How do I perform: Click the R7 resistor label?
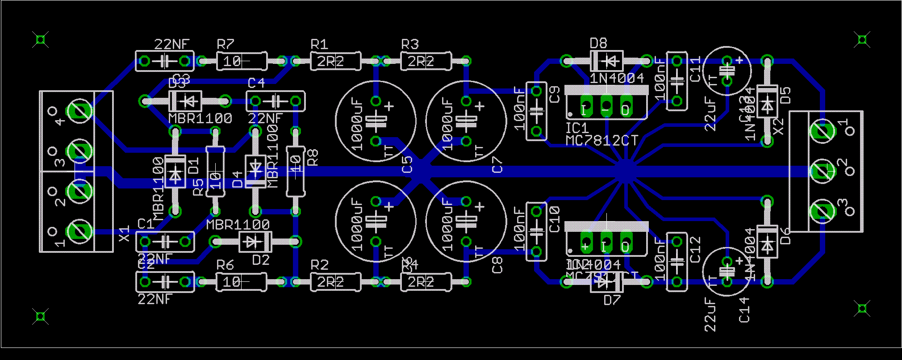(x=225, y=44)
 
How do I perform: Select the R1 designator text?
(x=319, y=44)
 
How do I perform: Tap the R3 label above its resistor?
(x=410, y=44)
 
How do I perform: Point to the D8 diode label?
(x=598, y=43)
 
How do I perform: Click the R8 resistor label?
(x=313, y=158)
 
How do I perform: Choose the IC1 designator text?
(x=576, y=129)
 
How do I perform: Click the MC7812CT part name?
(x=602, y=141)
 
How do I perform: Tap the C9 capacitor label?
(x=554, y=95)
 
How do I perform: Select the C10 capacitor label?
(x=554, y=219)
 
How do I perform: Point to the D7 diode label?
(x=612, y=300)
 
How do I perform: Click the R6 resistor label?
(x=225, y=265)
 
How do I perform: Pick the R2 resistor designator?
(x=319, y=265)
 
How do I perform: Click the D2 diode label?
(x=261, y=260)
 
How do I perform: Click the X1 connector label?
(x=125, y=234)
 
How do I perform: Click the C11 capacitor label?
(x=696, y=70)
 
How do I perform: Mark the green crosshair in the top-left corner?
(x=41, y=40)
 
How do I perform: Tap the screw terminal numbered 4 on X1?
(x=80, y=111)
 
